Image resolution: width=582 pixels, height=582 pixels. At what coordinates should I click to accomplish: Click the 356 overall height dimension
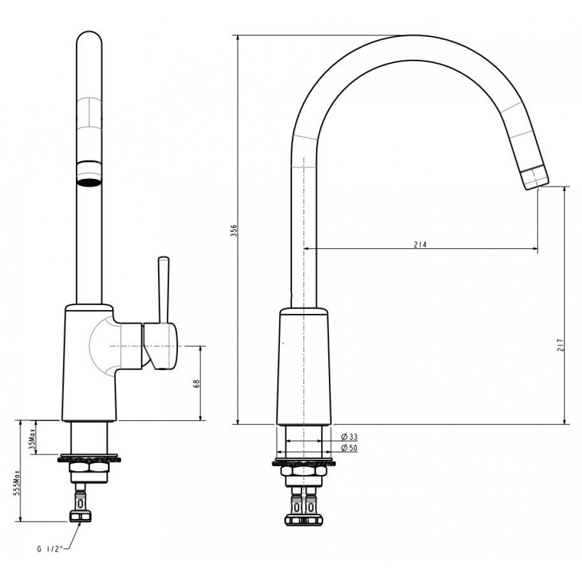[x=233, y=230]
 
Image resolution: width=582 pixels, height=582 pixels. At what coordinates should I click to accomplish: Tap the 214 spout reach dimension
[x=421, y=245]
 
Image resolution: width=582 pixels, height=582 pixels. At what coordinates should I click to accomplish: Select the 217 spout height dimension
[x=560, y=345]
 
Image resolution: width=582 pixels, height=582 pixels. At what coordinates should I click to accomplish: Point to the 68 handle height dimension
[x=196, y=383]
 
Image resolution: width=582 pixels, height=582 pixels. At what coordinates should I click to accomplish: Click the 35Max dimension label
[x=32, y=439]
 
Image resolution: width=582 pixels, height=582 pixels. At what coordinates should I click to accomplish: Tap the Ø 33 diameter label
[x=349, y=437]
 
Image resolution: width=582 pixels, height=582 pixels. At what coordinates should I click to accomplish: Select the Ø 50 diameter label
[x=349, y=448]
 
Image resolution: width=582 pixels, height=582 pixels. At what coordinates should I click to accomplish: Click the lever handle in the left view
[x=163, y=289]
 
